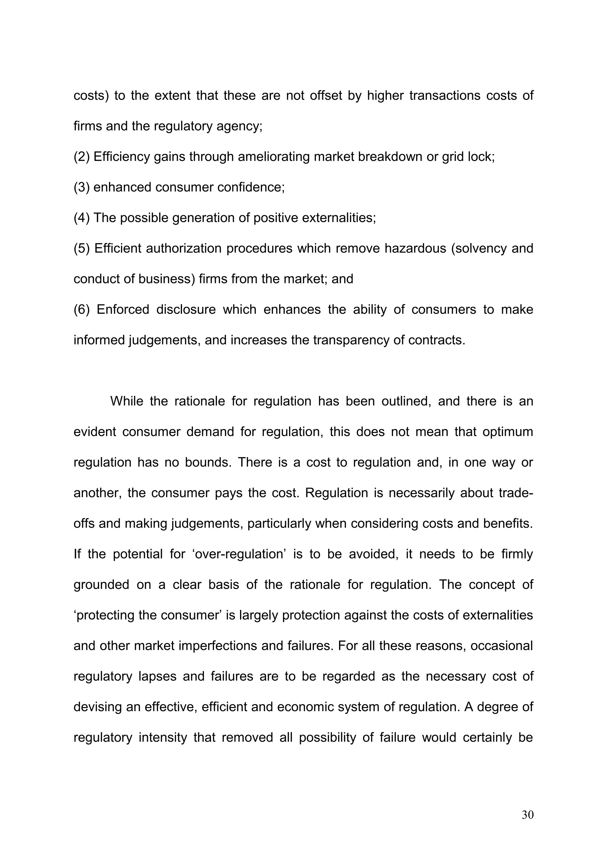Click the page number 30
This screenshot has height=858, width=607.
(x=527, y=825)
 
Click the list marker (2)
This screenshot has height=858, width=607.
(x=82, y=157)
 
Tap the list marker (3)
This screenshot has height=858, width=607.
(x=82, y=187)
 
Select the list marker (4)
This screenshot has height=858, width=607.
(x=82, y=218)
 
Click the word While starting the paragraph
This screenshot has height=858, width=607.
(x=127, y=401)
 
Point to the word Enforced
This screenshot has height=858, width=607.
(x=123, y=310)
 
